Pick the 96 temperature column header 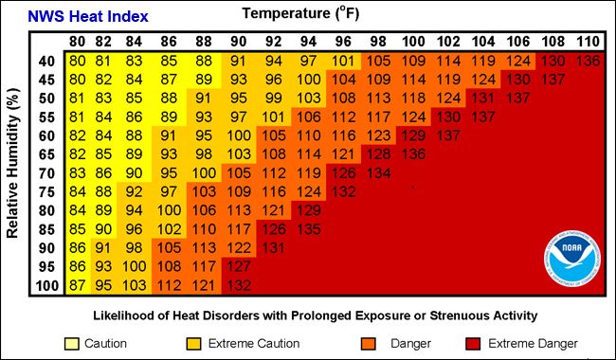[344, 42]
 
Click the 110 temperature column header [588, 42]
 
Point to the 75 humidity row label [46, 191]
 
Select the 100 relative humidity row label [46, 285]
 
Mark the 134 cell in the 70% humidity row [379, 173]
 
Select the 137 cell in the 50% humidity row [517, 99]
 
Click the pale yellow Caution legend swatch [71, 343]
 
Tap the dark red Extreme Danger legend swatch [475, 343]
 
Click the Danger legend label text [408, 343]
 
